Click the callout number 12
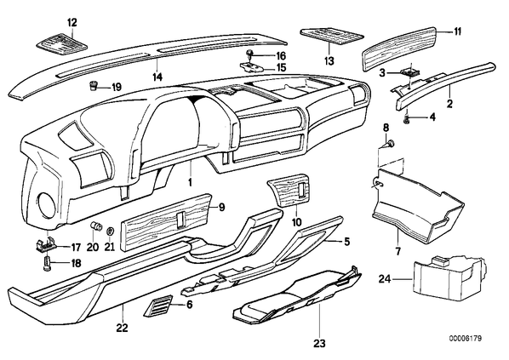pyautogui.click(x=72, y=23)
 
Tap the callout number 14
pyautogui.click(x=157, y=77)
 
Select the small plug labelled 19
pyautogui.click(x=93, y=87)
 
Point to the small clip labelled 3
pyautogui.click(x=411, y=71)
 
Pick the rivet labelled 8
pyautogui.click(x=391, y=143)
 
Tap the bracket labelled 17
pyautogui.click(x=48, y=245)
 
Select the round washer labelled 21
pyautogui.click(x=110, y=231)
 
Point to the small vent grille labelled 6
pyautogui.click(x=157, y=306)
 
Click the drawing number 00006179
pyautogui.click(x=466, y=339)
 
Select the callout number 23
pyautogui.click(x=319, y=344)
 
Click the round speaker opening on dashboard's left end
pyautogui.click(x=48, y=205)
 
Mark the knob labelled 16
pyautogui.click(x=250, y=54)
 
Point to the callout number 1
pyautogui.click(x=190, y=182)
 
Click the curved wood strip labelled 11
pyautogui.click(x=399, y=49)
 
